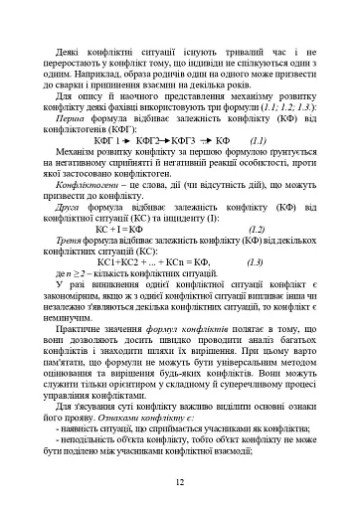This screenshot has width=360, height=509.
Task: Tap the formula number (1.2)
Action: pyautogui.click(x=257, y=228)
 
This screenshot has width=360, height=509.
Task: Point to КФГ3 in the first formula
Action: pyautogui.click(x=186, y=140)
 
